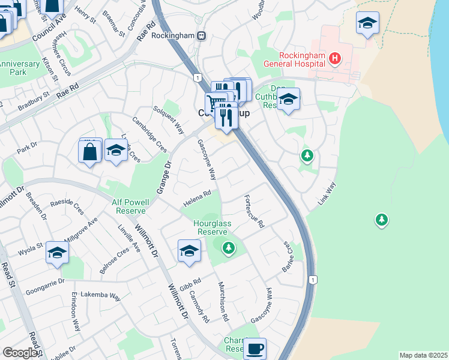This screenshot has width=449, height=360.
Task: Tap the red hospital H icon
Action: [x=335, y=58]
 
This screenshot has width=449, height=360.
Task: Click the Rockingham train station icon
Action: [x=202, y=35]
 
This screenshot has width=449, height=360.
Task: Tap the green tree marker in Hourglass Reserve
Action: [x=228, y=247]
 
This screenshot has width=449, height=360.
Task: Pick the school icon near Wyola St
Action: [x=57, y=253]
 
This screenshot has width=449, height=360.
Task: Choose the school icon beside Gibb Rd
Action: [x=189, y=251]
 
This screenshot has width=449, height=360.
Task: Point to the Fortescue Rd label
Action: [x=255, y=212]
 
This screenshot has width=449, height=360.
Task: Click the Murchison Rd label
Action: [x=223, y=301]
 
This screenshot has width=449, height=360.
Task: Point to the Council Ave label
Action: [x=49, y=28]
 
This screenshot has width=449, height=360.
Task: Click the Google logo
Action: [x=20, y=352]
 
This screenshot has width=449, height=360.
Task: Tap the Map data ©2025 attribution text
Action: [x=423, y=355]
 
